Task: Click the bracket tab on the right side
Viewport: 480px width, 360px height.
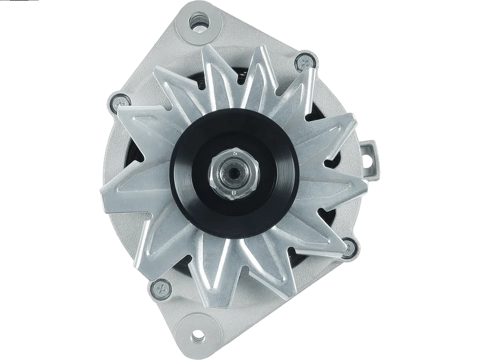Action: point(370,153)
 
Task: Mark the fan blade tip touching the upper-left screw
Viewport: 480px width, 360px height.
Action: point(123,111)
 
